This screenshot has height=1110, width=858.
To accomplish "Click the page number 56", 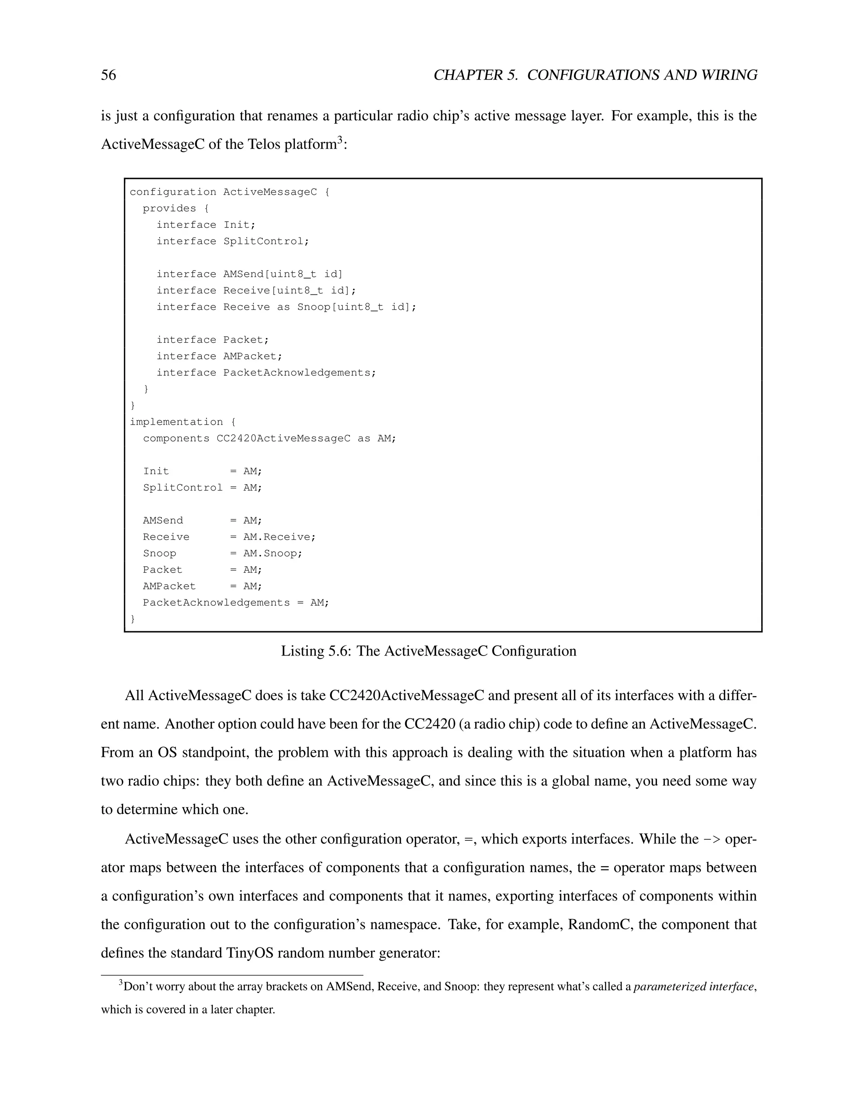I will click(108, 75).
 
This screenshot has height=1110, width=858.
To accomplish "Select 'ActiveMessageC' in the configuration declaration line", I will click(269, 192).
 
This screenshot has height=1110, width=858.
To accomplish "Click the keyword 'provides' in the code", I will click(169, 208).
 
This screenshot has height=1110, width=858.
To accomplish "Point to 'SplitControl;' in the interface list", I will click(266, 241).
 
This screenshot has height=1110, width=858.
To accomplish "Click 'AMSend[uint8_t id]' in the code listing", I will click(283, 274).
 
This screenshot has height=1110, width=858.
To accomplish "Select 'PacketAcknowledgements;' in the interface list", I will click(300, 372).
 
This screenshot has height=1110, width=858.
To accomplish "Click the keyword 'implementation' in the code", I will click(176, 422).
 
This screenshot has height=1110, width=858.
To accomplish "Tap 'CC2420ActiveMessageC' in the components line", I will click(283, 438).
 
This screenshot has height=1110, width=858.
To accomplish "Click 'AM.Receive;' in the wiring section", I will click(279, 537).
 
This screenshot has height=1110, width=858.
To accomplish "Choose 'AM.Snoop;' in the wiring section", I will click(272, 553).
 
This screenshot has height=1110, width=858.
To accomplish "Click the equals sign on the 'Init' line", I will click(233, 471).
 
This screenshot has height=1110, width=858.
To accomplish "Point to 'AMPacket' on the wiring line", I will click(169, 586).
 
